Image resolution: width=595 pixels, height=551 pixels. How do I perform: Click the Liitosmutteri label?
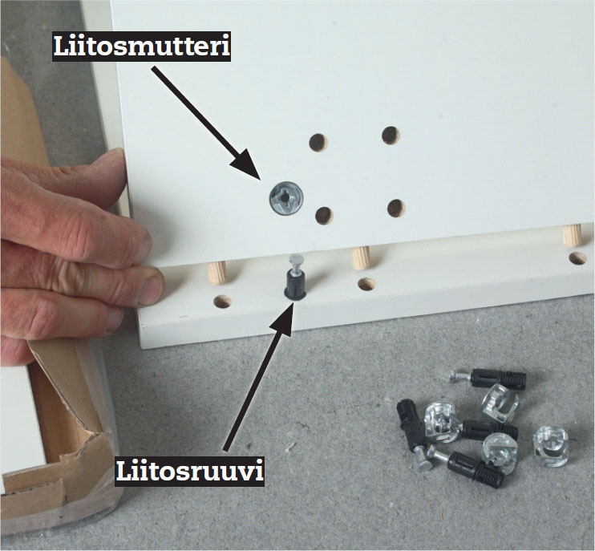(142, 46)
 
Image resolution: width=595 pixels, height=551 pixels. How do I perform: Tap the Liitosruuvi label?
(189, 471)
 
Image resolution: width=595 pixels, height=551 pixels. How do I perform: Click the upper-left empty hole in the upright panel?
(318, 142)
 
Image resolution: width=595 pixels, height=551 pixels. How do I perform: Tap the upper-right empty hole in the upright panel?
(391, 136)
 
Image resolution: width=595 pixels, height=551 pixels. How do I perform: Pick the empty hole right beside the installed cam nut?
(324, 216)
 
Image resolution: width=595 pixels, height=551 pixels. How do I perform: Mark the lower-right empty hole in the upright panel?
(397, 209)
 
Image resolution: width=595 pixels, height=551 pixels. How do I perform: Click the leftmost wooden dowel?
(217, 273)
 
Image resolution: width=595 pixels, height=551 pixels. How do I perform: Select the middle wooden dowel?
(361, 257)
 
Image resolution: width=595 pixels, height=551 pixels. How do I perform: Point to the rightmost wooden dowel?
(572, 235)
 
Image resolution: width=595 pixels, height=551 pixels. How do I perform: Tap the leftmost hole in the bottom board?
(222, 302)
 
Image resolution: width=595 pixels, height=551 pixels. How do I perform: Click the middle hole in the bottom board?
(366, 284)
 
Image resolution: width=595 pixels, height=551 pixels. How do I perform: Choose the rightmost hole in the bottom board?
(577, 258)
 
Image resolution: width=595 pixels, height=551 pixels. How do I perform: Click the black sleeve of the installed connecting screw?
(295, 286)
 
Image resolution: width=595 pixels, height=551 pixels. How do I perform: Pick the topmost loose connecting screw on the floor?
(489, 379)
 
